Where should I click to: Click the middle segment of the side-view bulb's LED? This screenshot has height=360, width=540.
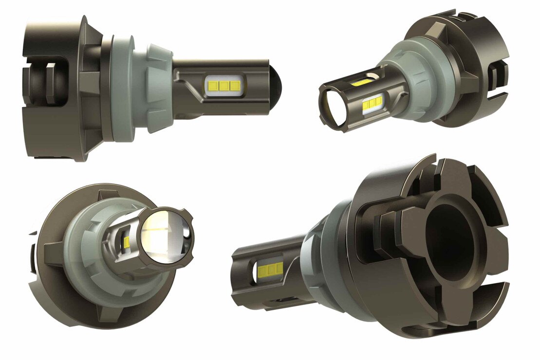click(224, 86)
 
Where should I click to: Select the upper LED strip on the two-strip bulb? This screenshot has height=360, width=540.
click(361, 82)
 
